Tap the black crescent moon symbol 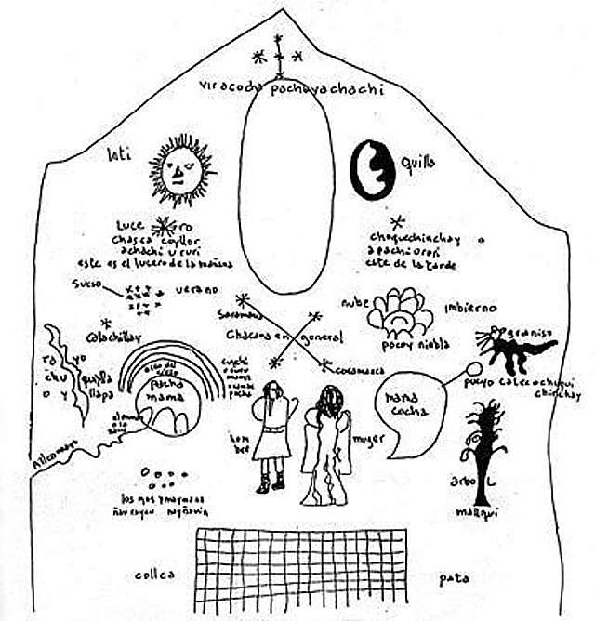371,169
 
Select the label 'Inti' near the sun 116,153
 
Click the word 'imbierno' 470,308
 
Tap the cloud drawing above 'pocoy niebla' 401,312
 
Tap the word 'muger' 369,440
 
